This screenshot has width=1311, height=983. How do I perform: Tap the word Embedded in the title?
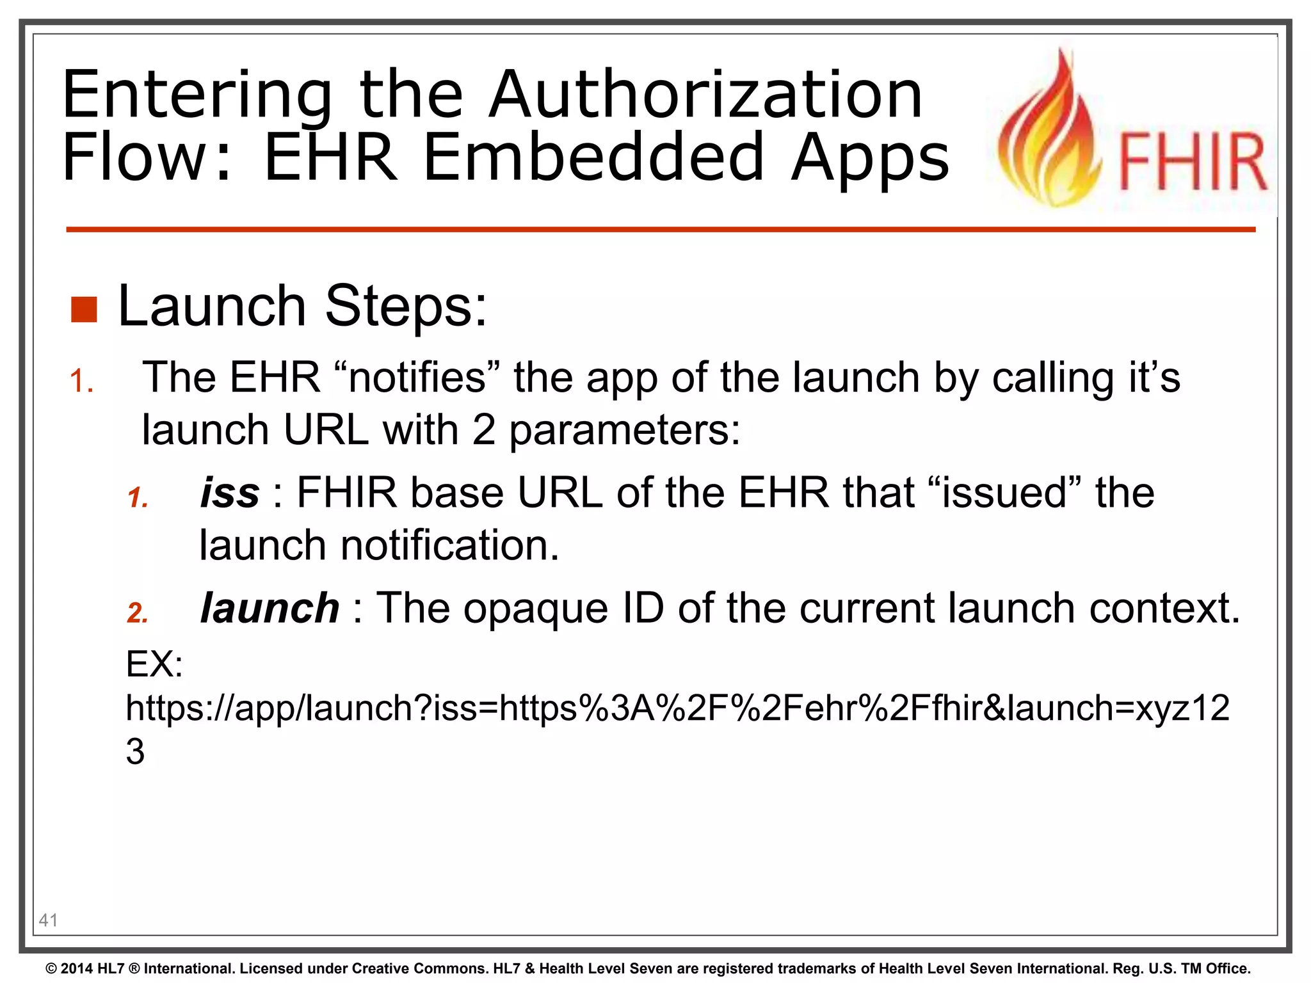pyautogui.click(x=593, y=157)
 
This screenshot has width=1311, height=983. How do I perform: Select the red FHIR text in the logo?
pyautogui.click(x=1192, y=162)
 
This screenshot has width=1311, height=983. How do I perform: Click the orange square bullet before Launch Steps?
pyautogui.click(x=84, y=310)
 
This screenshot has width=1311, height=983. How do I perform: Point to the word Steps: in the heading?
pyautogui.click(x=406, y=307)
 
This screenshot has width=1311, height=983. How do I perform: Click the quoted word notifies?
pyautogui.click(x=417, y=377)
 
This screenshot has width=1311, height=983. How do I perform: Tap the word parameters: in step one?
pyautogui.click(x=624, y=429)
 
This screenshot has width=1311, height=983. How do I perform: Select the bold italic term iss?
pyautogui.click(x=230, y=493)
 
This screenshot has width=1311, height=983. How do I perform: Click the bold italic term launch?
pyautogui.click(x=269, y=608)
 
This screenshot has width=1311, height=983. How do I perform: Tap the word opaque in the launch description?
pyautogui.click(x=535, y=608)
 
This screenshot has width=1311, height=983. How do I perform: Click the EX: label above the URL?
pyautogui.click(x=154, y=664)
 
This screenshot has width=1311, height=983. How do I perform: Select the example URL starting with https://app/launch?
pyautogui.click(x=677, y=708)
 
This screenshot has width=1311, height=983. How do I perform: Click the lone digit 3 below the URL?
pyautogui.click(x=135, y=751)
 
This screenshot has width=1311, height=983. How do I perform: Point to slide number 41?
pyautogui.click(x=49, y=920)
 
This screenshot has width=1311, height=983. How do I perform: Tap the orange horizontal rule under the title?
pyautogui.click(x=659, y=229)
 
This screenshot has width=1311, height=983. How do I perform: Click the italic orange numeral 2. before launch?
pyautogui.click(x=138, y=612)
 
